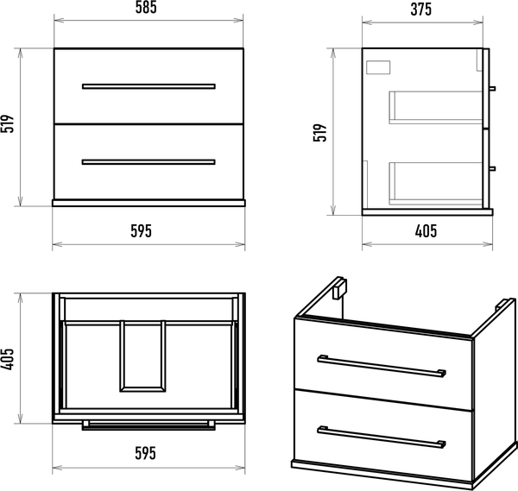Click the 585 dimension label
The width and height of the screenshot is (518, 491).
click(x=146, y=8)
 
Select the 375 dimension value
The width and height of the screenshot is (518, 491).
click(x=421, y=9)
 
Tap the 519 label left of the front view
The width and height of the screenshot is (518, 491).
click(x=8, y=123)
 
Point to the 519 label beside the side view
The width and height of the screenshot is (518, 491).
click(x=319, y=133)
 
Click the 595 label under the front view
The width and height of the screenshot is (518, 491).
click(x=141, y=231)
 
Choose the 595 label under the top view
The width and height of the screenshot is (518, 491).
click(x=145, y=453)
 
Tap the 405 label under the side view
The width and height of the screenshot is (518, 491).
click(x=426, y=231)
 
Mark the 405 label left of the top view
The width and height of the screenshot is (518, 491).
click(x=8, y=359)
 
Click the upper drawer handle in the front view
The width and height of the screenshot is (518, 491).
click(x=148, y=86)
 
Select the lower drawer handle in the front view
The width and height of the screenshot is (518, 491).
click(x=148, y=162)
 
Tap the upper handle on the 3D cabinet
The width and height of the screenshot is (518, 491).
click(x=382, y=366)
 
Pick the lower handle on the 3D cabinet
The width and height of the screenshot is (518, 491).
click(x=382, y=437)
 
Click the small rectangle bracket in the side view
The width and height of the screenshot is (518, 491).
click(x=378, y=67)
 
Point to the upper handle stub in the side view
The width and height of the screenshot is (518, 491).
click(x=492, y=89)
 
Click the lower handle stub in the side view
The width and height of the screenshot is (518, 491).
click(x=492, y=169)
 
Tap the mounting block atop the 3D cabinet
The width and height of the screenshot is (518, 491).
click(x=339, y=288)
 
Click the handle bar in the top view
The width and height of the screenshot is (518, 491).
click(x=148, y=425)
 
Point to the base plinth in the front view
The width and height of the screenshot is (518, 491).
click(x=148, y=203)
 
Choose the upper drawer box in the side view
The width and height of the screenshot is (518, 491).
click(x=436, y=107)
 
